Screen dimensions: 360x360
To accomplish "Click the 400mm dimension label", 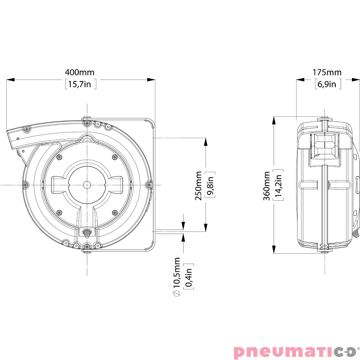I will pos(80,72).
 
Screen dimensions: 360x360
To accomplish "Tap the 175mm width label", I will pos(327,72).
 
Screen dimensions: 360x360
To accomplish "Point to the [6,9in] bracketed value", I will pos(327,84).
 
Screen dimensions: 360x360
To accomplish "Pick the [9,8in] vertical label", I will pos(210,185).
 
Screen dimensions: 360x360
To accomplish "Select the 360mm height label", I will pos(267,185).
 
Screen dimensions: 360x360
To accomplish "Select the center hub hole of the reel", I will pos(86,184).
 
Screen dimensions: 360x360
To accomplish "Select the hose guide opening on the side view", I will pos(324,147).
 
